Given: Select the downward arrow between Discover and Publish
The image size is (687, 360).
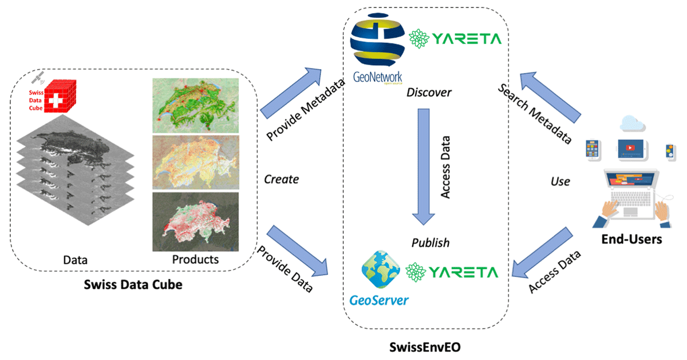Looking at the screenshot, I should (424, 166).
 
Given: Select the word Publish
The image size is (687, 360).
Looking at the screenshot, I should (431, 243).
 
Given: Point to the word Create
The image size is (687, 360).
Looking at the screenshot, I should (281, 179).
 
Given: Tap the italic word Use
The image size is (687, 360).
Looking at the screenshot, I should (560, 181).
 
